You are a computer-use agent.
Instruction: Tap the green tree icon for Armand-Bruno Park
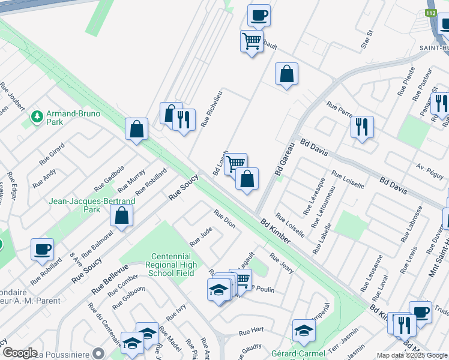[x=37, y=115]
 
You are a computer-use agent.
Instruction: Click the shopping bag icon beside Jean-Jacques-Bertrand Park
[x=122, y=217]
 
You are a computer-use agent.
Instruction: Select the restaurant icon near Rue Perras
[x=362, y=127]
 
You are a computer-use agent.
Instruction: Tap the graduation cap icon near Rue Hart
[x=304, y=331]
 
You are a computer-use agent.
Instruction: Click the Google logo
[x=20, y=353]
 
